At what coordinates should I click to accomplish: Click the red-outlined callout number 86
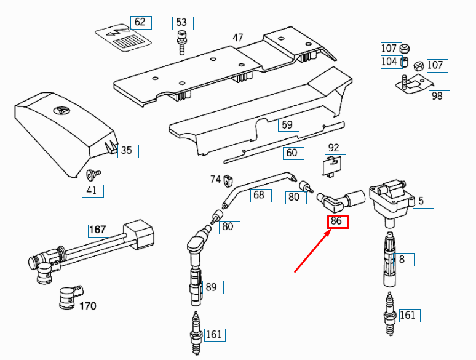click(x=338, y=222)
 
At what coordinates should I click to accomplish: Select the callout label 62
click(x=140, y=22)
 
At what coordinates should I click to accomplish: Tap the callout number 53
click(x=181, y=23)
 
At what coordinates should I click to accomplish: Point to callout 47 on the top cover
click(x=238, y=38)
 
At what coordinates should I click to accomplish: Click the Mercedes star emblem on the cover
click(x=60, y=111)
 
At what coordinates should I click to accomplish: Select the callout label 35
click(x=125, y=150)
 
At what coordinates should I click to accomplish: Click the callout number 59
click(x=287, y=125)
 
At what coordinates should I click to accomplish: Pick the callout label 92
click(x=334, y=148)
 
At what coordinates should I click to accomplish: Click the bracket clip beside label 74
click(x=228, y=181)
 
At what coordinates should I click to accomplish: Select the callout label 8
click(x=402, y=259)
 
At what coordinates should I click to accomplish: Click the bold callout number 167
click(x=98, y=230)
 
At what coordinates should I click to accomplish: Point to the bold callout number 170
click(x=89, y=306)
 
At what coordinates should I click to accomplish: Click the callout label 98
click(x=437, y=96)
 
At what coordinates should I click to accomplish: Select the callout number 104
click(x=389, y=62)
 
